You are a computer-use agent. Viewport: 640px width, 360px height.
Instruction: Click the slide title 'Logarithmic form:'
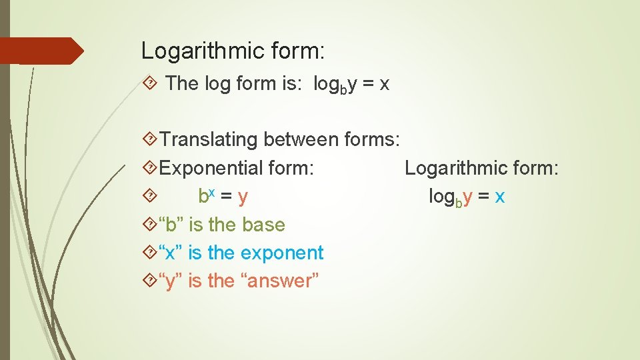coord(233,51)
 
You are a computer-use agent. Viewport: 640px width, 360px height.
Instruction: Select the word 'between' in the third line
coord(301,140)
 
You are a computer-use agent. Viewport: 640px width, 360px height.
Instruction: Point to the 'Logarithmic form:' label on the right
coord(481,168)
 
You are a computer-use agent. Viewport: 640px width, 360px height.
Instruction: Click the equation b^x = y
coord(223,196)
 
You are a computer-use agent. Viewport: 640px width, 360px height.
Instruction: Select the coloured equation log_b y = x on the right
coord(467,197)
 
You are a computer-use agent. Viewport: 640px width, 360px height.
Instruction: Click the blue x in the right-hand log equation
coord(499,197)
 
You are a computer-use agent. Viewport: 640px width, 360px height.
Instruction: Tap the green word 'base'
coord(263,225)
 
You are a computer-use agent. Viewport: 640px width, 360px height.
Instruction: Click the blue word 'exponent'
coord(282,253)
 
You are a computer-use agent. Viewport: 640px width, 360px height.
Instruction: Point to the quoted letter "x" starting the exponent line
coord(171,253)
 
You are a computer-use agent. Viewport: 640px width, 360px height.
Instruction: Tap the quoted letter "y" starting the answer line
coord(171,281)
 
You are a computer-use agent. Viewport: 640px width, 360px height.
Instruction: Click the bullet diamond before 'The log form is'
coord(150,83)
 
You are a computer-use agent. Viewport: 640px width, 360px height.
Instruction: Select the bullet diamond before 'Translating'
coord(150,140)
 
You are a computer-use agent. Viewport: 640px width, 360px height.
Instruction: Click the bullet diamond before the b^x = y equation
coord(150,196)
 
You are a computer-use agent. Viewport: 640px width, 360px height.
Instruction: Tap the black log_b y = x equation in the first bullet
coord(351,84)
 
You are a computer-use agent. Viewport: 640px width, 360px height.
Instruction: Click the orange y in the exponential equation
coord(243,197)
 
